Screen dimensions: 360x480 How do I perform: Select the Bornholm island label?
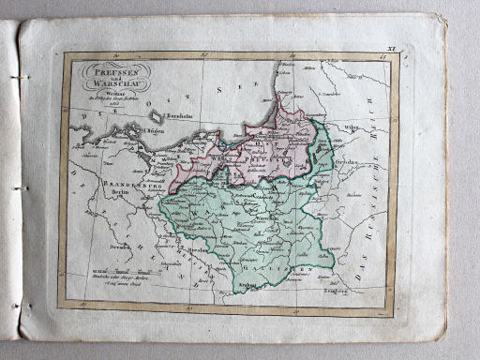(x=181, y=116)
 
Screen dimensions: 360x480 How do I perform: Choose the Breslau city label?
(x=195, y=251)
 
